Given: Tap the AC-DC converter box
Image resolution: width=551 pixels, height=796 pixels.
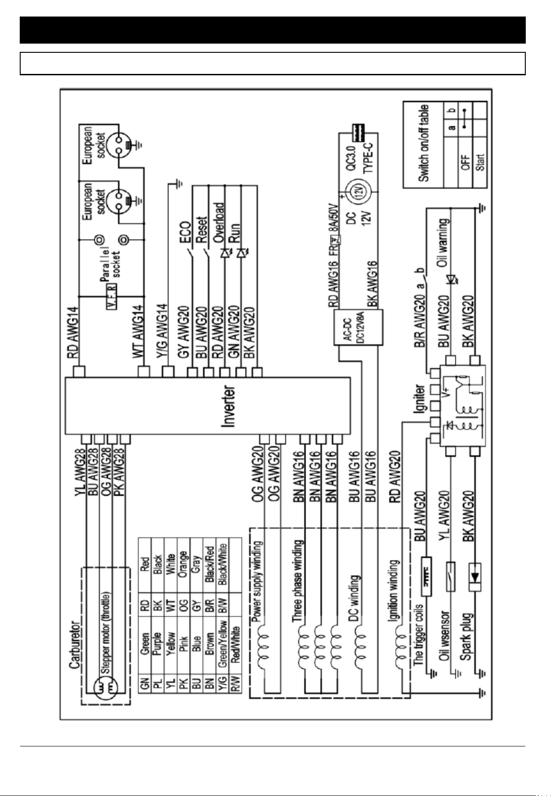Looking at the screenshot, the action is coord(358,327).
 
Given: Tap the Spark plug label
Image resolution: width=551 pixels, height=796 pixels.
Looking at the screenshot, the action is coord(467,636).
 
